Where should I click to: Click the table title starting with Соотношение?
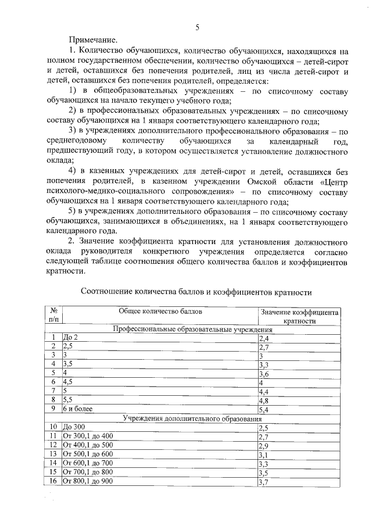pos(196,292)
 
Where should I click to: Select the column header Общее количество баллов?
pos(159,312)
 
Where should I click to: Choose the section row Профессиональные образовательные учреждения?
pos(192,330)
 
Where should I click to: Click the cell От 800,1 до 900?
pos(88,481)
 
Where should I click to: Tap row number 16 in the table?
pos(53,481)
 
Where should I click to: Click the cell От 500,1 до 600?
pos(88,454)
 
